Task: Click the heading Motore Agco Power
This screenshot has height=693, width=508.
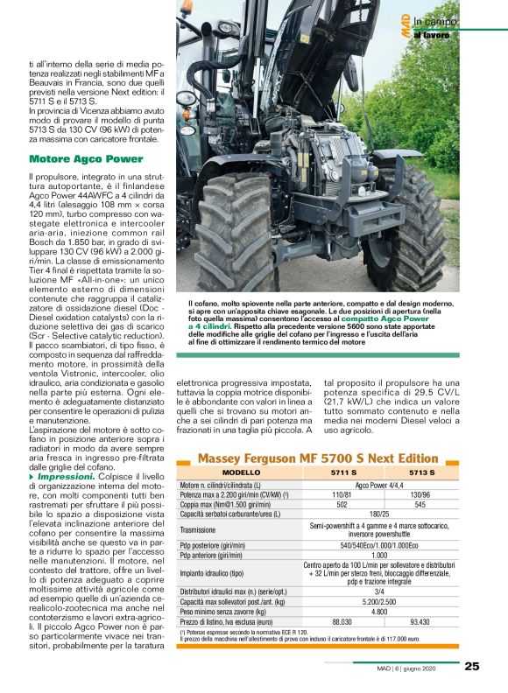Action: tap(86, 159)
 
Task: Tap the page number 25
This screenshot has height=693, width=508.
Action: tap(472, 666)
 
